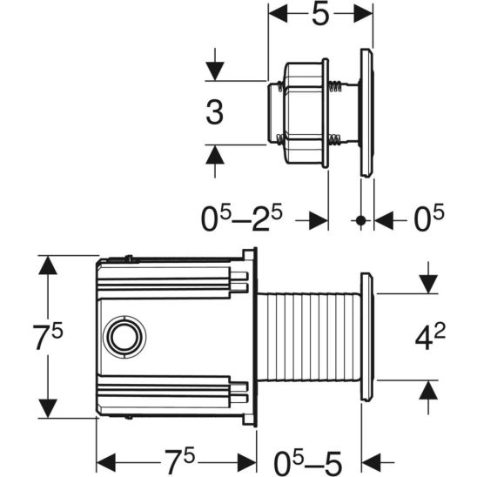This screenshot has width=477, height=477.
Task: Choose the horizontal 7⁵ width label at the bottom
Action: pos(177,456)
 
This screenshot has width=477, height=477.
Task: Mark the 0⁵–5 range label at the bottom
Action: pos(307,456)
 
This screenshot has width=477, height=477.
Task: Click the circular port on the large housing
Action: pos(121,336)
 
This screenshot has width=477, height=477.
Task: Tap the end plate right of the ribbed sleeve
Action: pos(366,337)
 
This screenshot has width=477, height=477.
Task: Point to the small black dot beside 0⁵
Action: pos(360,221)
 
